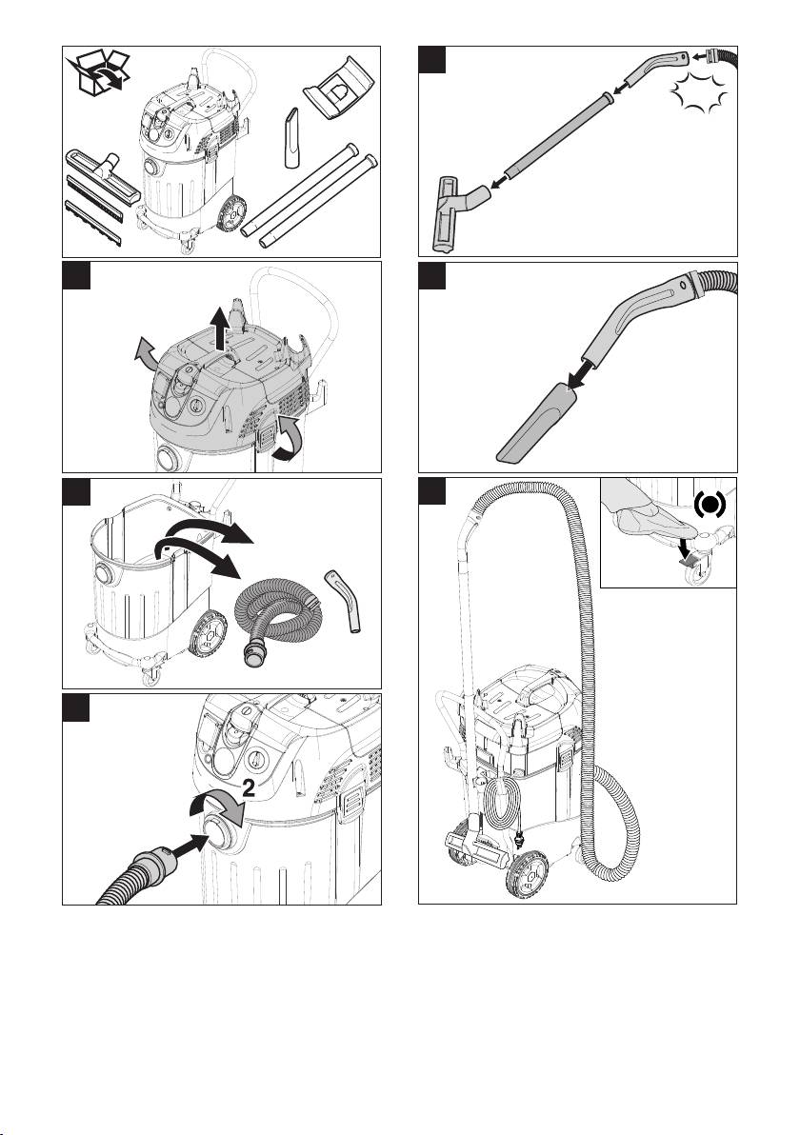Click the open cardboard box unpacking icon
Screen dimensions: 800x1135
pos(98,73)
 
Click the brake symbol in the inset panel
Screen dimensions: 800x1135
pos(710,506)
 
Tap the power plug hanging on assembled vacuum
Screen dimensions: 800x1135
pos(518,843)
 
